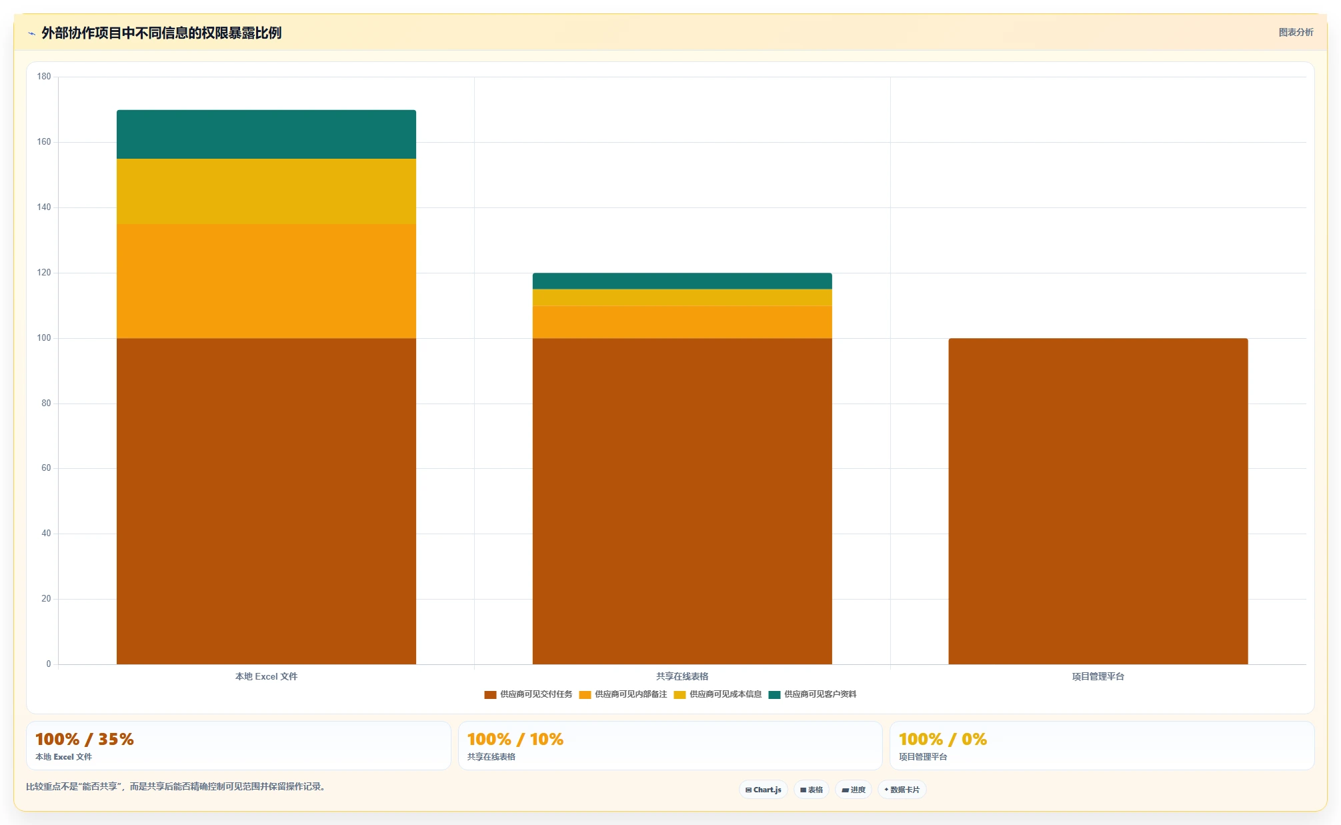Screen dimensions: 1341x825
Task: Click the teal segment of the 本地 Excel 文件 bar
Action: click(x=266, y=134)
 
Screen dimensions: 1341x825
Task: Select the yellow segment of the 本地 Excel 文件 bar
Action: click(x=266, y=191)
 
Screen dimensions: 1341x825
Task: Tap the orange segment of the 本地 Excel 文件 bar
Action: click(x=266, y=281)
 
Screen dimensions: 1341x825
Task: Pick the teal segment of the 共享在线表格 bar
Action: click(x=682, y=281)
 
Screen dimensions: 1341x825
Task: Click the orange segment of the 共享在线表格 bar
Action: click(x=682, y=322)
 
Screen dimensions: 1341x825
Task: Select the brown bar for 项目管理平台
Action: click(x=1098, y=501)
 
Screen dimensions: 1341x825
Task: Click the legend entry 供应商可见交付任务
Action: click(x=528, y=694)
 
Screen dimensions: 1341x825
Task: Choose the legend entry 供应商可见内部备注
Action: click(x=623, y=694)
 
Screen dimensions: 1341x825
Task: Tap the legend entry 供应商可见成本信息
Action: click(x=718, y=694)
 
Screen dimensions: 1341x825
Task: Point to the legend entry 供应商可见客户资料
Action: click(x=812, y=694)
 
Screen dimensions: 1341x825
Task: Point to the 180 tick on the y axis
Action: click(x=44, y=77)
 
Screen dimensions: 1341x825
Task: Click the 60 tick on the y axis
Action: click(x=46, y=468)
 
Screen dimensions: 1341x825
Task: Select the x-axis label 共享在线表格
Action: click(x=682, y=676)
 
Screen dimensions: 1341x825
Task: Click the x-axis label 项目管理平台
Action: click(x=1098, y=676)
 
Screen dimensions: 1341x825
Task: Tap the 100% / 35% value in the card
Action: click(x=85, y=739)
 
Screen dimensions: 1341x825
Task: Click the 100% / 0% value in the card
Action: click(x=943, y=739)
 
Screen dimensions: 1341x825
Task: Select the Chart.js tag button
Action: click(x=764, y=790)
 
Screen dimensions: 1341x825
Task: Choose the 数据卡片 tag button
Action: click(x=902, y=790)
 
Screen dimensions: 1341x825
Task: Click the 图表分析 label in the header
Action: click(x=1296, y=33)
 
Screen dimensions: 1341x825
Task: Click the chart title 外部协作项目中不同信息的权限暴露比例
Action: click(x=161, y=33)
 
